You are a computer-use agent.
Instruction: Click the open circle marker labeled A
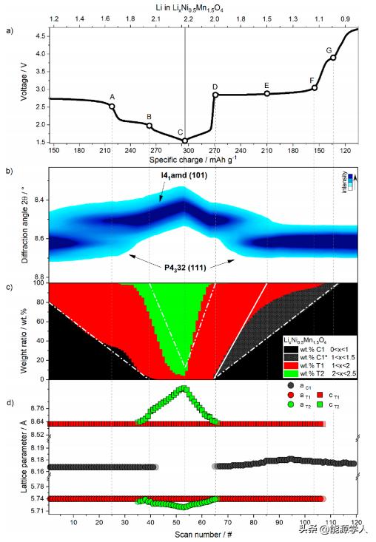pyautogui.click(x=112, y=106)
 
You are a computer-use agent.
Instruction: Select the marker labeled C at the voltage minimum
pyautogui.click(x=185, y=140)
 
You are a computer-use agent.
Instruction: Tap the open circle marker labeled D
pyautogui.click(x=215, y=95)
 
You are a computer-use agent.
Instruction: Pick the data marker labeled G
pyautogui.click(x=333, y=58)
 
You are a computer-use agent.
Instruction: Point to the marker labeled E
pyautogui.click(x=266, y=93)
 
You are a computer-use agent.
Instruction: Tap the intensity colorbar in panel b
pyautogui.click(x=353, y=177)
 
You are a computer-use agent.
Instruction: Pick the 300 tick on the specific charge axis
pyautogui.click(x=185, y=149)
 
